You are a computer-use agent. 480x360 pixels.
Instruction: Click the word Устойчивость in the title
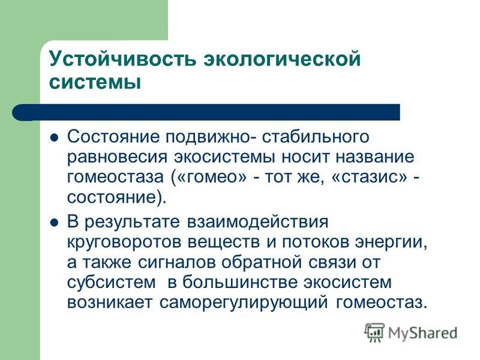tap(122, 58)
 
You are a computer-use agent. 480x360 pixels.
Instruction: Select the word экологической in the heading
tap(282, 58)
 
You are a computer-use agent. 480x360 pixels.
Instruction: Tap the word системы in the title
tap(95, 82)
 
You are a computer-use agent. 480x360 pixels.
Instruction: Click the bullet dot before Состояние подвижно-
tap(54, 137)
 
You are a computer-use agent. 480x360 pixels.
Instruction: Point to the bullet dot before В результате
tap(54, 222)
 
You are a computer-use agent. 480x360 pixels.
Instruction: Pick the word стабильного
tap(316, 137)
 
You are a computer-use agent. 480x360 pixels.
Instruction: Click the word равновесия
tap(118, 158)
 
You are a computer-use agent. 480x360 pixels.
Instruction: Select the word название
tap(375, 157)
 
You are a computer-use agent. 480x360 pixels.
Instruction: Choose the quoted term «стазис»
tap(370, 178)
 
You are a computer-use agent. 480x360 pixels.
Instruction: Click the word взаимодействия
tap(257, 221)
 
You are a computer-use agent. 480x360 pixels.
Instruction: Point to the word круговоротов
tap(123, 242)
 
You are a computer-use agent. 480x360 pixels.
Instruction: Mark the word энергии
tap(391, 242)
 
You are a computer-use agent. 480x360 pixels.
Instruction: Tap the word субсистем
tap(112, 283)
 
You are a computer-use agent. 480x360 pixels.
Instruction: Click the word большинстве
tap(240, 282)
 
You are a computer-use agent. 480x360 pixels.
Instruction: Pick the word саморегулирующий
tap(244, 303)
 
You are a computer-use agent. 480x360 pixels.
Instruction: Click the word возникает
tap(110, 303)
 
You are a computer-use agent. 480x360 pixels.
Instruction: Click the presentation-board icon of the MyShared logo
tap(374, 332)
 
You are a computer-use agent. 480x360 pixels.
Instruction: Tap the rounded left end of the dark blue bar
tap(19, 112)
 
